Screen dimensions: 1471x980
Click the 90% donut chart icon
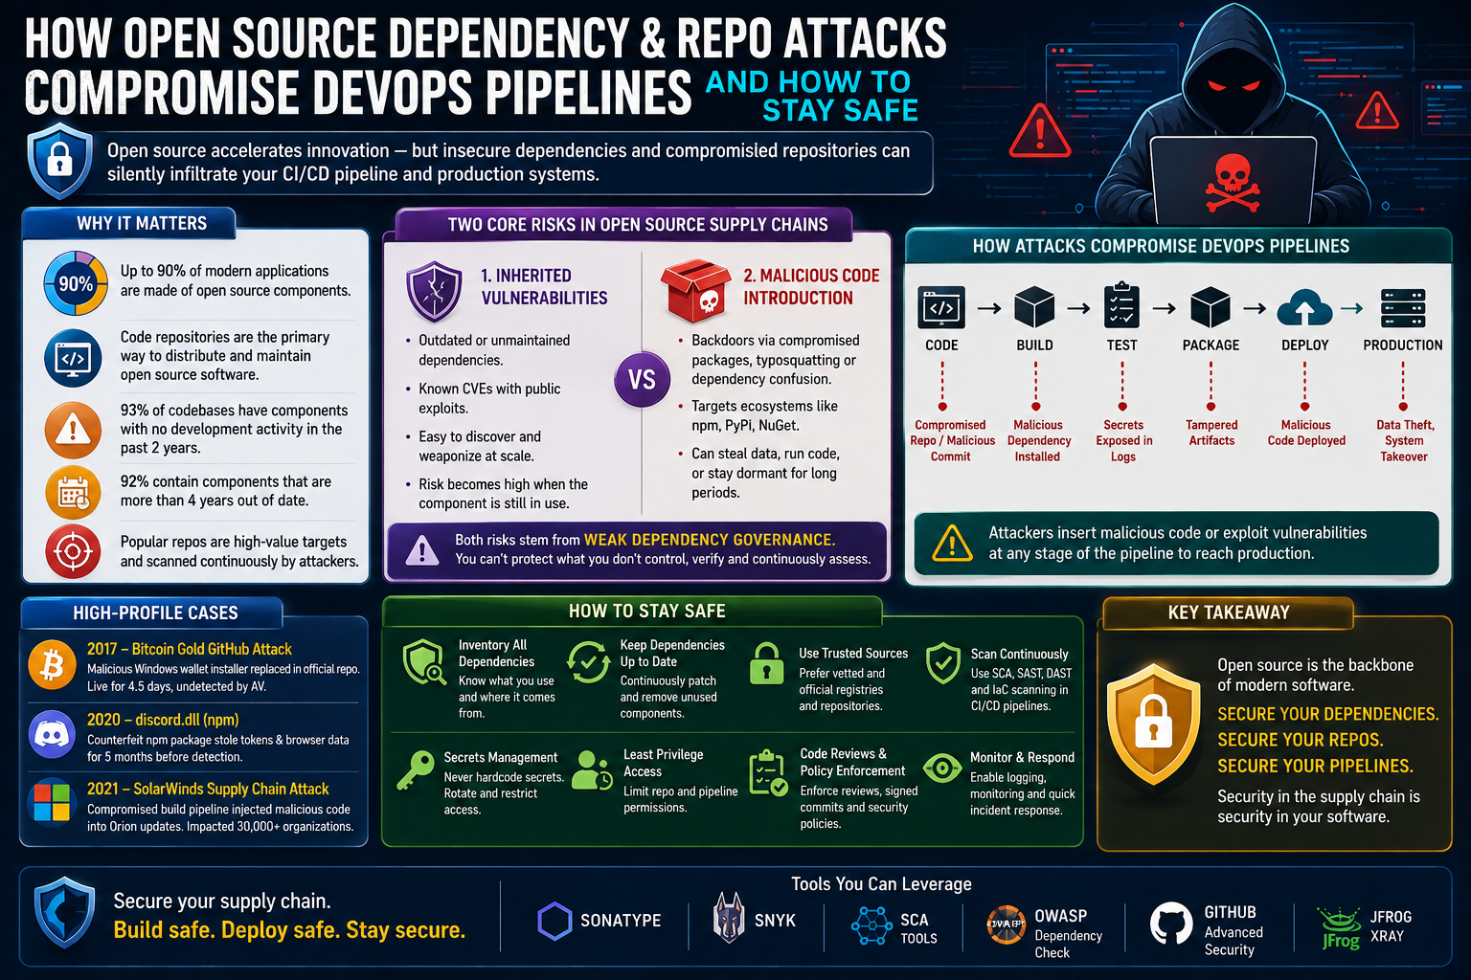(x=76, y=283)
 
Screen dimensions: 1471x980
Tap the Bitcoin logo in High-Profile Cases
(x=52, y=665)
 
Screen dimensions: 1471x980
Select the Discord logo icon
(x=52, y=734)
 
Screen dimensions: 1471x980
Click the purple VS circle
(x=642, y=379)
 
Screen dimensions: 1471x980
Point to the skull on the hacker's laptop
(x=1233, y=183)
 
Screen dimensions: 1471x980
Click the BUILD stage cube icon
(x=1034, y=306)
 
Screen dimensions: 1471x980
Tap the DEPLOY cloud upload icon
(x=1304, y=307)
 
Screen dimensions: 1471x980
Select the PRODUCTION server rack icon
(x=1403, y=308)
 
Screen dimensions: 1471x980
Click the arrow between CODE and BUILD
(x=989, y=308)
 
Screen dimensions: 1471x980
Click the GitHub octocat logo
(x=1171, y=923)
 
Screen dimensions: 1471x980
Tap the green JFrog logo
(x=1341, y=928)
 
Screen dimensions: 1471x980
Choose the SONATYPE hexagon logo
(x=554, y=921)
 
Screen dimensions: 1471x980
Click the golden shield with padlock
(x=1153, y=724)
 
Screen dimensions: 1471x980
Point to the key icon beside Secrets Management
(x=416, y=770)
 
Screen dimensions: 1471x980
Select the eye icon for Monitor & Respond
(x=942, y=768)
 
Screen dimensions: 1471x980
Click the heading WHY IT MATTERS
(x=142, y=223)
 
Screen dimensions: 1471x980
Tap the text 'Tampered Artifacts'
(x=1211, y=433)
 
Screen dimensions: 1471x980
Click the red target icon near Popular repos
(x=73, y=550)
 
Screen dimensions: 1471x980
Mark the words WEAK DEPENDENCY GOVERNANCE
(x=710, y=540)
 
